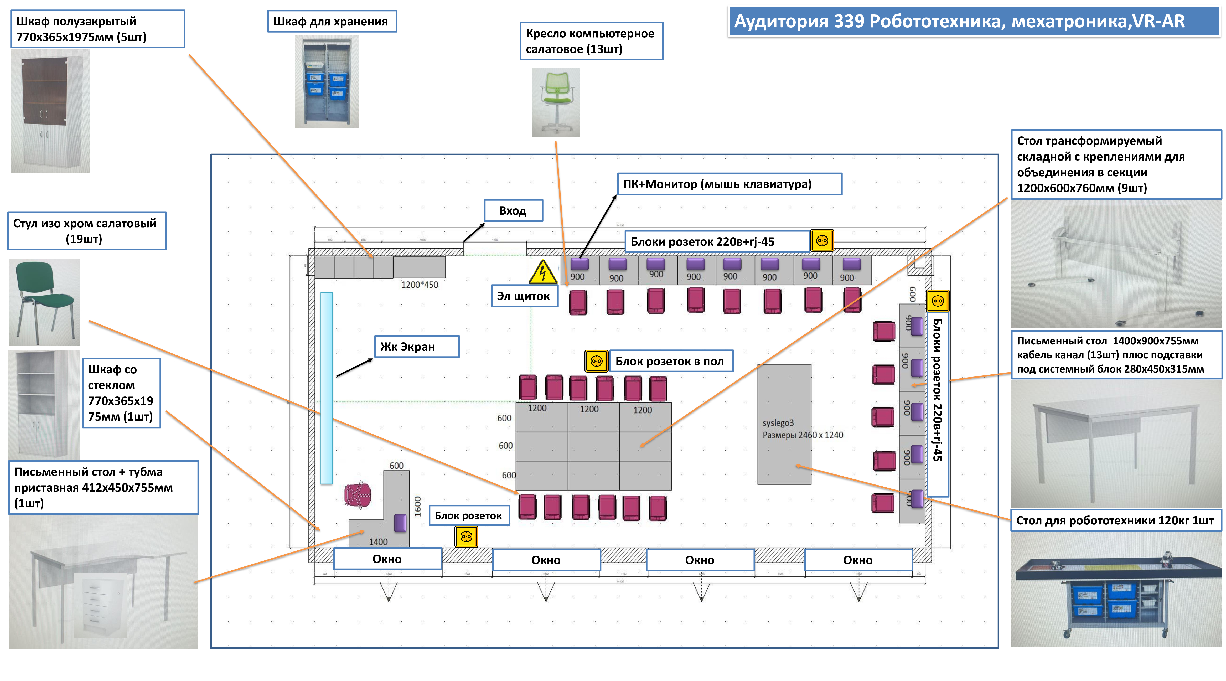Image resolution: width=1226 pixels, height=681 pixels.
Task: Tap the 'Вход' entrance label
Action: [513, 211]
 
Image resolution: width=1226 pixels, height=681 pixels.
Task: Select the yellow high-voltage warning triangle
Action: [542, 272]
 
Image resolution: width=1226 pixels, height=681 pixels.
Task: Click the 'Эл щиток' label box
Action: [524, 296]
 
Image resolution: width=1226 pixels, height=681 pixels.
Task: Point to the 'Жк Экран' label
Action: [416, 347]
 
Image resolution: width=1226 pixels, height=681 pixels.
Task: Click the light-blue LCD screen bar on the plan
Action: [327, 388]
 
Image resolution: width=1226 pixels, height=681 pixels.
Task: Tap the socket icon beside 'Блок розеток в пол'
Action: [596, 361]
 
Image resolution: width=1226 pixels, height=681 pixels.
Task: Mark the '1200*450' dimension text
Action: [419, 285]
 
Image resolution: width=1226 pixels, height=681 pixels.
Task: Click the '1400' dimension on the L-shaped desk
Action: [378, 541]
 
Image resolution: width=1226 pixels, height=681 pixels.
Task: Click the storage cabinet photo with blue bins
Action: [327, 82]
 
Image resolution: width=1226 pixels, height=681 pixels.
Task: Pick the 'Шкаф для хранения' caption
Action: [332, 22]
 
